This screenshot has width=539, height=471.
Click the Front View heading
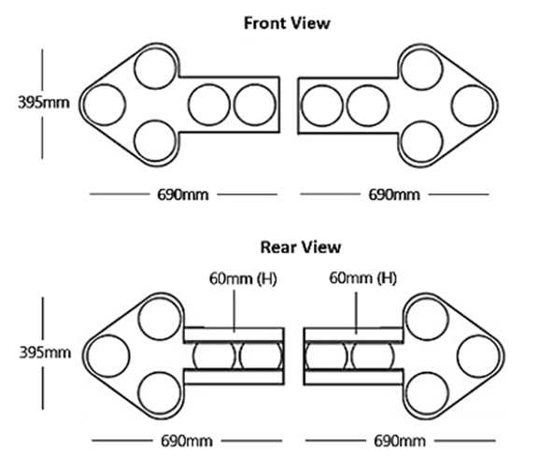click(287, 23)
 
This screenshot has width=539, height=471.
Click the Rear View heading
click(301, 248)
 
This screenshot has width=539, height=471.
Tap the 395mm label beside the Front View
click(44, 103)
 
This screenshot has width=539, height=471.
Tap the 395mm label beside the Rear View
click(45, 352)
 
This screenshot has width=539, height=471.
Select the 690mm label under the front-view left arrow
click(183, 195)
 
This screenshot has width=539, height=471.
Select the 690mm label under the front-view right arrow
click(394, 195)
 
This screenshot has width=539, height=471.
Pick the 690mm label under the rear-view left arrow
click(187, 441)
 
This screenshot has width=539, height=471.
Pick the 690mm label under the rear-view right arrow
click(400, 441)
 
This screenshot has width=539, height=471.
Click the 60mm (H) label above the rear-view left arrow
click(243, 278)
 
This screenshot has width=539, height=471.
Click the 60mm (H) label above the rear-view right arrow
click(363, 278)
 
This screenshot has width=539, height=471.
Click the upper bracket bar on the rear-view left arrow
click(234, 335)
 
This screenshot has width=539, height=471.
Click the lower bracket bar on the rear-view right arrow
click(353, 378)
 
